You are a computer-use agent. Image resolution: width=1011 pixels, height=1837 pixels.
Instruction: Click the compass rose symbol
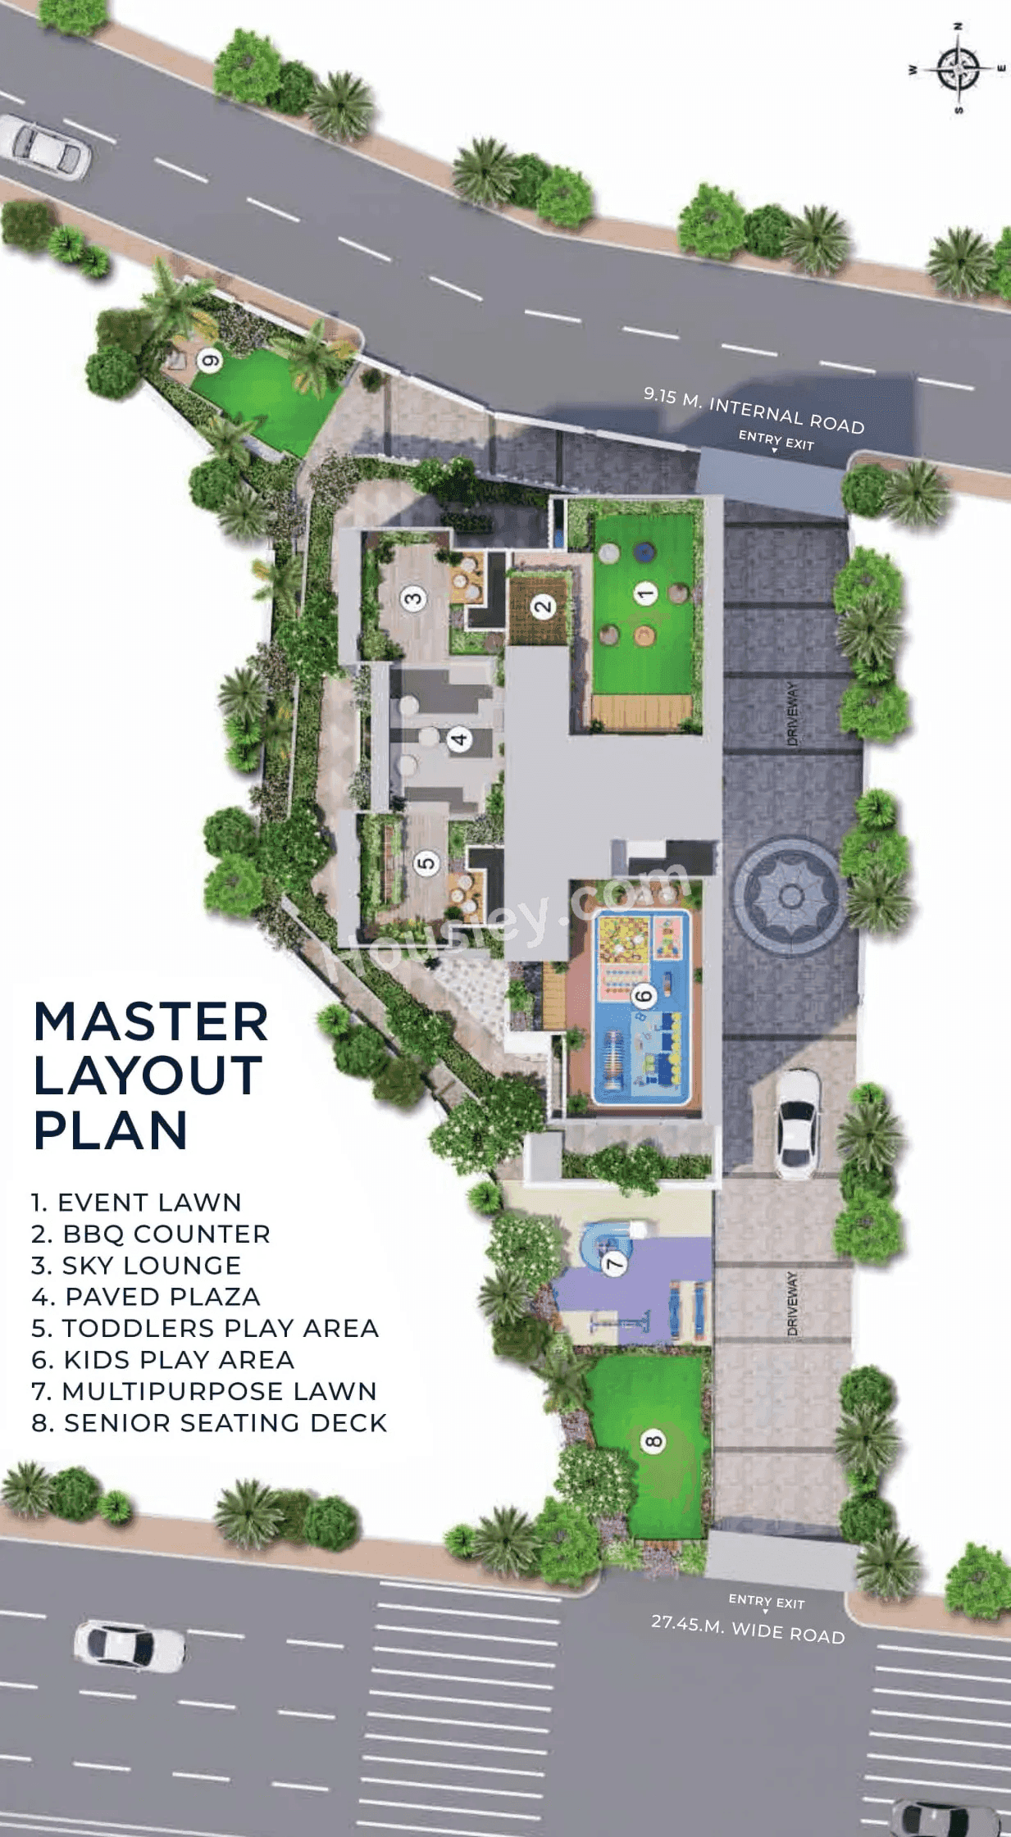pyautogui.click(x=957, y=69)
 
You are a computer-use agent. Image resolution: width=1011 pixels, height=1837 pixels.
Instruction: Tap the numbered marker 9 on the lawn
pyautogui.click(x=210, y=360)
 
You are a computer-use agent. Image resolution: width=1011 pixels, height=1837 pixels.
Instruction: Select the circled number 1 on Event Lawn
pyautogui.click(x=645, y=593)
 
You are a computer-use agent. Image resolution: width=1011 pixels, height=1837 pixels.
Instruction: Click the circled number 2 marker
pyautogui.click(x=543, y=607)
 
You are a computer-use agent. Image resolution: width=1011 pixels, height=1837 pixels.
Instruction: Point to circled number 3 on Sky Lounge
pyautogui.click(x=413, y=598)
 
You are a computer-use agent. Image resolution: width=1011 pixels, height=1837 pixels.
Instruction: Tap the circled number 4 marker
pyautogui.click(x=459, y=739)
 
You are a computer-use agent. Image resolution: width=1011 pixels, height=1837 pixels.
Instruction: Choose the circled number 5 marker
pyautogui.click(x=426, y=862)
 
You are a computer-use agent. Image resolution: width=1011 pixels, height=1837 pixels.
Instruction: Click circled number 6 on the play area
pyautogui.click(x=644, y=996)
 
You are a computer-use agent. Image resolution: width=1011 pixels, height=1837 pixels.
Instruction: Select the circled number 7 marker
pyautogui.click(x=614, y=1263)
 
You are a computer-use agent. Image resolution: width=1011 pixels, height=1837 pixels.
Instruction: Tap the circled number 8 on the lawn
pyautogui.click(x=653, y=1440)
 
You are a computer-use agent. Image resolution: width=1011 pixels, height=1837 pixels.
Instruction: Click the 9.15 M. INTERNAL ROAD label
pyautogui.click(x=754, y=411)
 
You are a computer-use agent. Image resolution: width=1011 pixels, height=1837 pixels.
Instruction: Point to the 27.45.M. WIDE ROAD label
pyautogui.click(x=748, y=1629)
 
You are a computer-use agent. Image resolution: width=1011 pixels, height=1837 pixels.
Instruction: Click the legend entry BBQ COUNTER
pyautogui.click(x=152, y=1234)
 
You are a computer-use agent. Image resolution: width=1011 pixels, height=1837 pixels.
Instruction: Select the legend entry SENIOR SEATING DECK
pyautogui.click(x=209, y=1422)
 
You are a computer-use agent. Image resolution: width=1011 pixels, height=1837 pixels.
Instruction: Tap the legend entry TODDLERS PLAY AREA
pyautogui.click(x=205, y=1328)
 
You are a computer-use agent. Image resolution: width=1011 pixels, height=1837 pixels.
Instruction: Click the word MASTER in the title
pyautogui.click(x=151, y=1022)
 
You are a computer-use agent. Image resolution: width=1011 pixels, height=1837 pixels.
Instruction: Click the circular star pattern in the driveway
pyautogui.click(x=790, y=896)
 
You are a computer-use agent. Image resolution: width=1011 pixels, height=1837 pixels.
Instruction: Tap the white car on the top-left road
pyautogui.click(x=45, y=147)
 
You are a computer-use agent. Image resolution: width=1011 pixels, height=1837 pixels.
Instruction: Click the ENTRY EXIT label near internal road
pyautogui.click(x=776, y=440)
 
